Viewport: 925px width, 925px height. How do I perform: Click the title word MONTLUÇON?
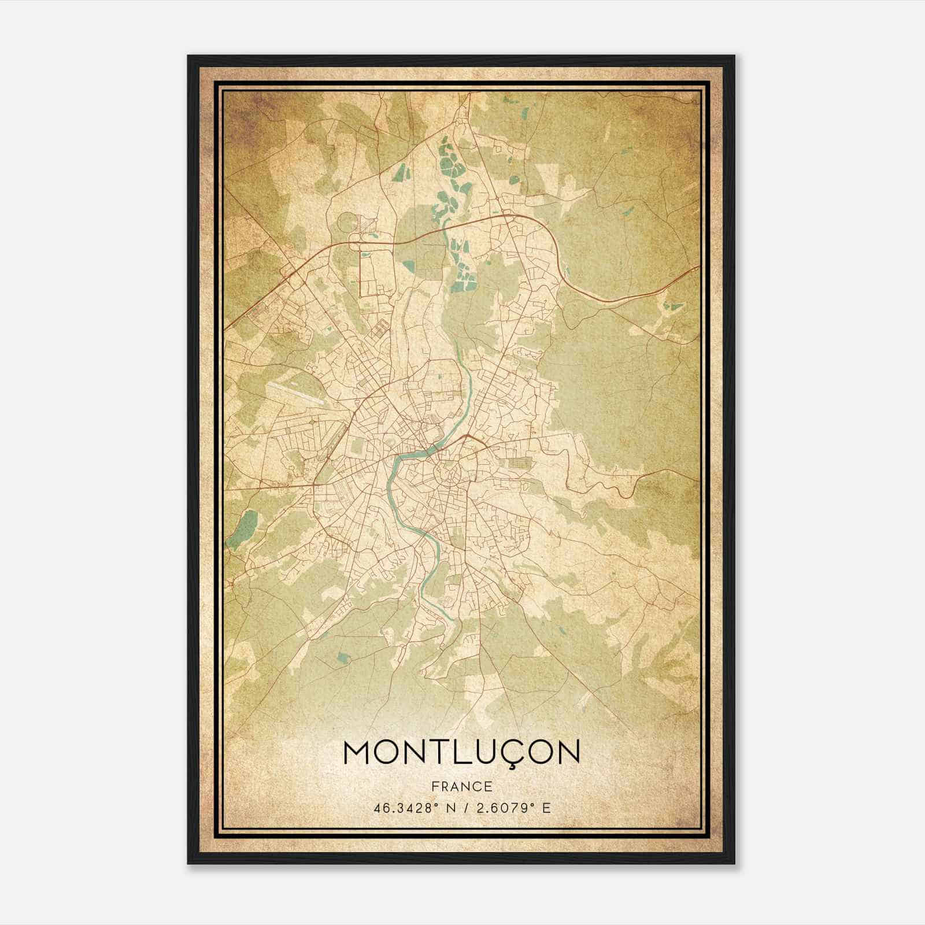(461, 752)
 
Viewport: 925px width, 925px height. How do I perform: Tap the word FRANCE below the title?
(461, 787)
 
